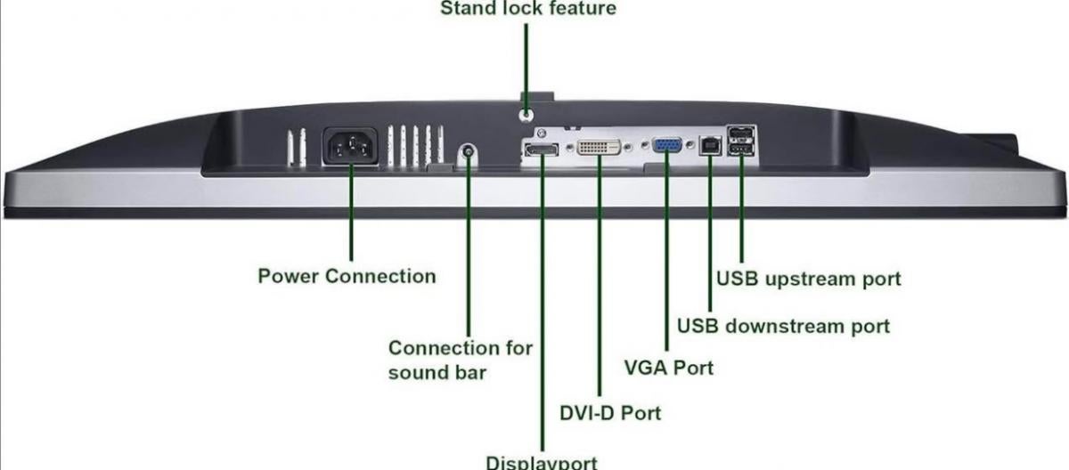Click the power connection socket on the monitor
(350, 146)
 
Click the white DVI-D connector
(599, 147)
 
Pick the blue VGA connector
(667, 147)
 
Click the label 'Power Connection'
(347, 276)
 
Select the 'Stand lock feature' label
(528, 9)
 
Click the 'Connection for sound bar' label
(460, 360)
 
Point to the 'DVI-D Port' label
(610, 414)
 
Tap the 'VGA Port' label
(668, 367)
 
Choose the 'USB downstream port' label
(783, 326)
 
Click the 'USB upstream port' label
(808, 279)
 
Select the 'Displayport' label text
(542, 462)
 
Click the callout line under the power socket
(350, 214)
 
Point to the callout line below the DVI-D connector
(599, 285)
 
